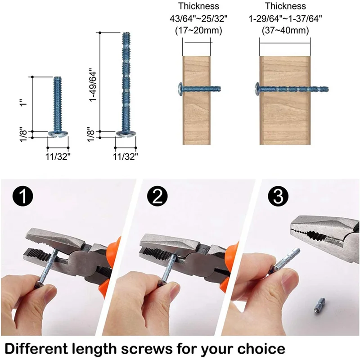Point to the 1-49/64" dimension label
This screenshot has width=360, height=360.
[93, 85]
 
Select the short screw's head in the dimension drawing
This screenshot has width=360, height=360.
[58, 133]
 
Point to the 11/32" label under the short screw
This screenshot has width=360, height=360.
[58, 156]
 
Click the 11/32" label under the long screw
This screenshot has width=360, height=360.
[126, 156]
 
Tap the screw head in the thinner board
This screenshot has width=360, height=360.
[180, 88]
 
